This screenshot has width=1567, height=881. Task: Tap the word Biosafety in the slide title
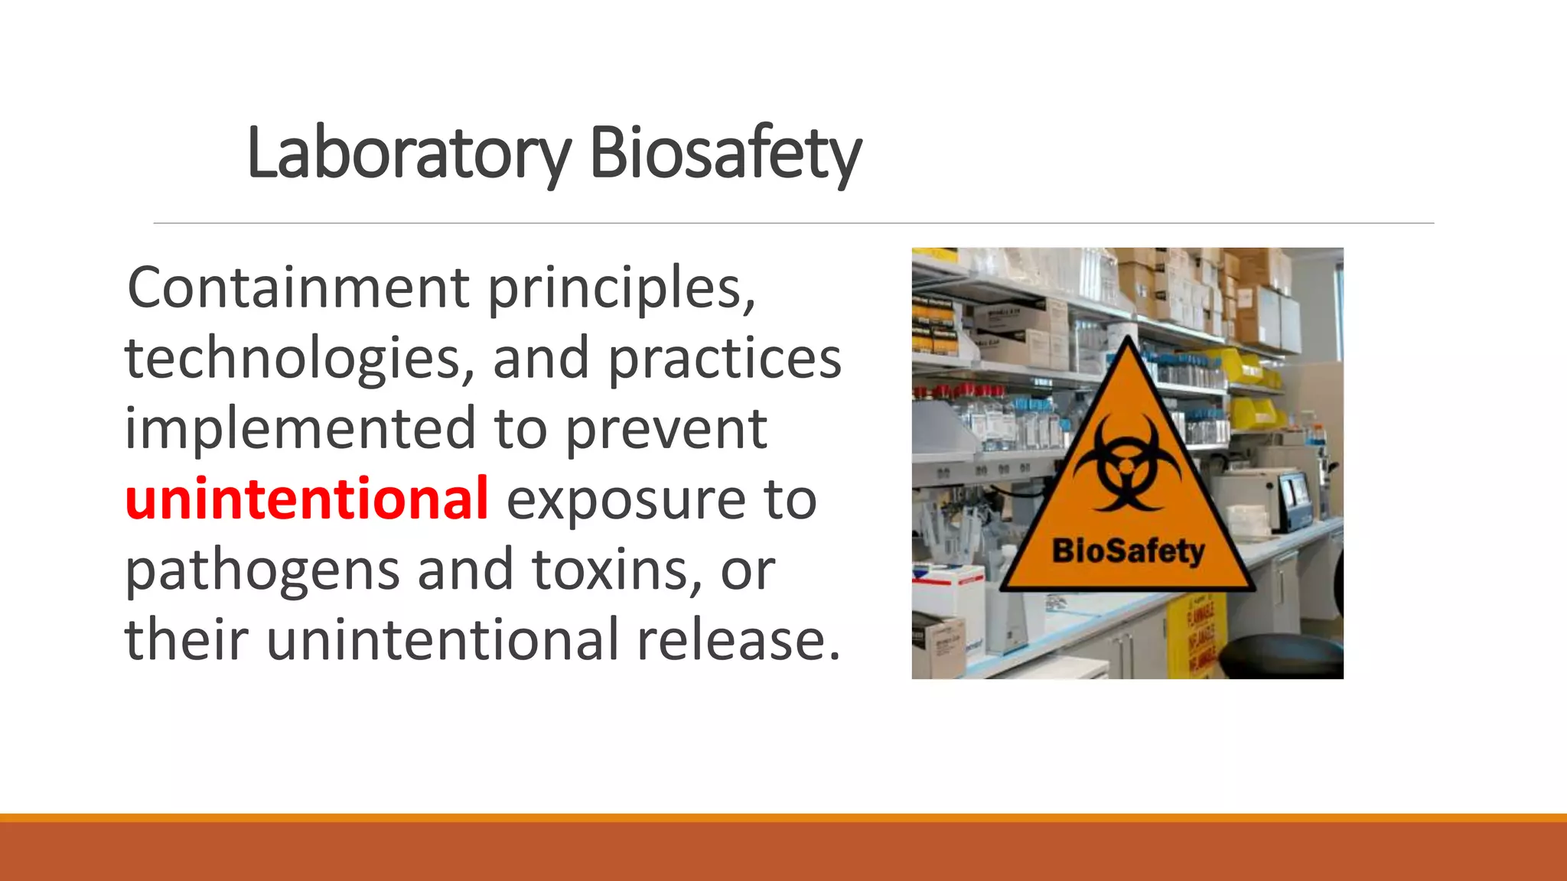tap(725, 153)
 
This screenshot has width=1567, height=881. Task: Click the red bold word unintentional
tap(306, 499)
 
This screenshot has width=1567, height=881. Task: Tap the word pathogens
tap(262, 571)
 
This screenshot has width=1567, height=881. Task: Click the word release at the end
tap(738, 640)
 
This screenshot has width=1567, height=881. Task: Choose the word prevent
tap(666, 430)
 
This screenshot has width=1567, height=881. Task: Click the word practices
tap(724, 359)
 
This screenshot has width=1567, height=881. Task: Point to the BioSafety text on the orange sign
tap(1128, 551)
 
